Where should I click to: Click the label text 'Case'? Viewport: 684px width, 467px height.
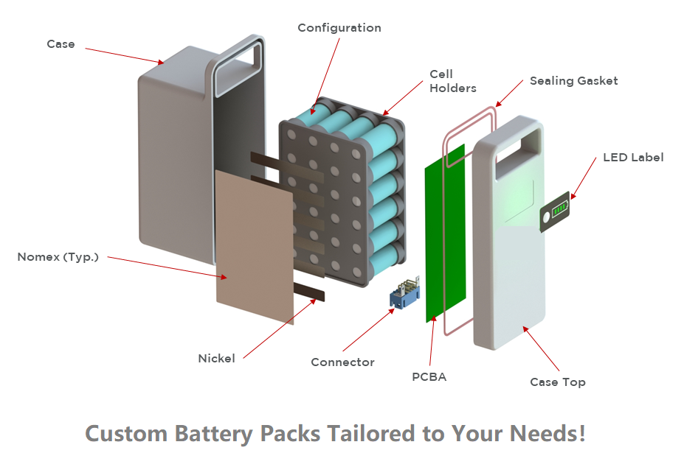pos(61,44)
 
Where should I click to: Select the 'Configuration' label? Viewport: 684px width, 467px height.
pos(339,28)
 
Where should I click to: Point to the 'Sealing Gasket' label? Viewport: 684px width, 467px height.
pos(573,81)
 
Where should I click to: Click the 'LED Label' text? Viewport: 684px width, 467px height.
pos(633,158)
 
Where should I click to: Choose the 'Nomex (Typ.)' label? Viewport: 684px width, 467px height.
pos(58,258)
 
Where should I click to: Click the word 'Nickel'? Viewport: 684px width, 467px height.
pos(216,359)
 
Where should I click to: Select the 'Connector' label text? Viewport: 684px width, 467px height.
pos(342,362)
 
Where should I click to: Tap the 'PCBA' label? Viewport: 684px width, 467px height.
pos(429,377)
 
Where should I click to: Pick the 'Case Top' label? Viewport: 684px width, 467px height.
pos(557,382)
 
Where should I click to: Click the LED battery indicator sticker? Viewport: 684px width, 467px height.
pos(558,213)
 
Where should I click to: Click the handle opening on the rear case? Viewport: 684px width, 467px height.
pos(237,70)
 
